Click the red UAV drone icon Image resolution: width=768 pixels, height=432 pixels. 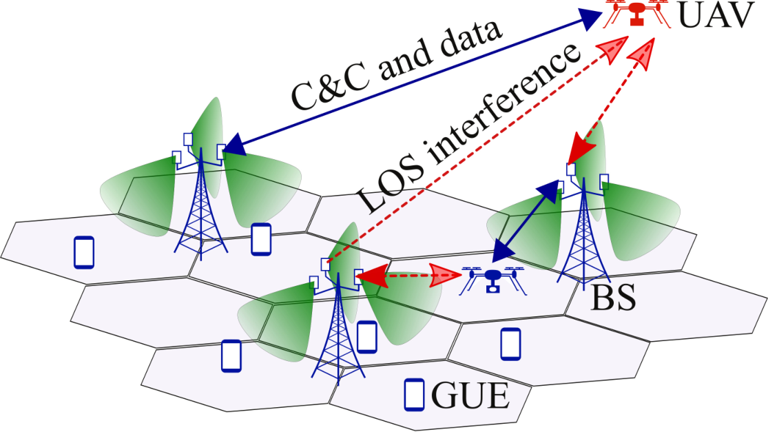(636, 14)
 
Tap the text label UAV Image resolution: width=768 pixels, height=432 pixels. (716, 15)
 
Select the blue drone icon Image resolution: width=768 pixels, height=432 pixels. (493, 280)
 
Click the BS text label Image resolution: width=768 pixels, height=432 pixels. (613, 298)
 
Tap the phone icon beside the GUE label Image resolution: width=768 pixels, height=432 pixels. (414, 395)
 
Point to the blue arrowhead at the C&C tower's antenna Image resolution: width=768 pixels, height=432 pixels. (234, 145)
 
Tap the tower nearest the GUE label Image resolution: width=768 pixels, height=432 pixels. (338, 318)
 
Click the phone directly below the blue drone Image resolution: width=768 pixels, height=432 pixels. (510, 344)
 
